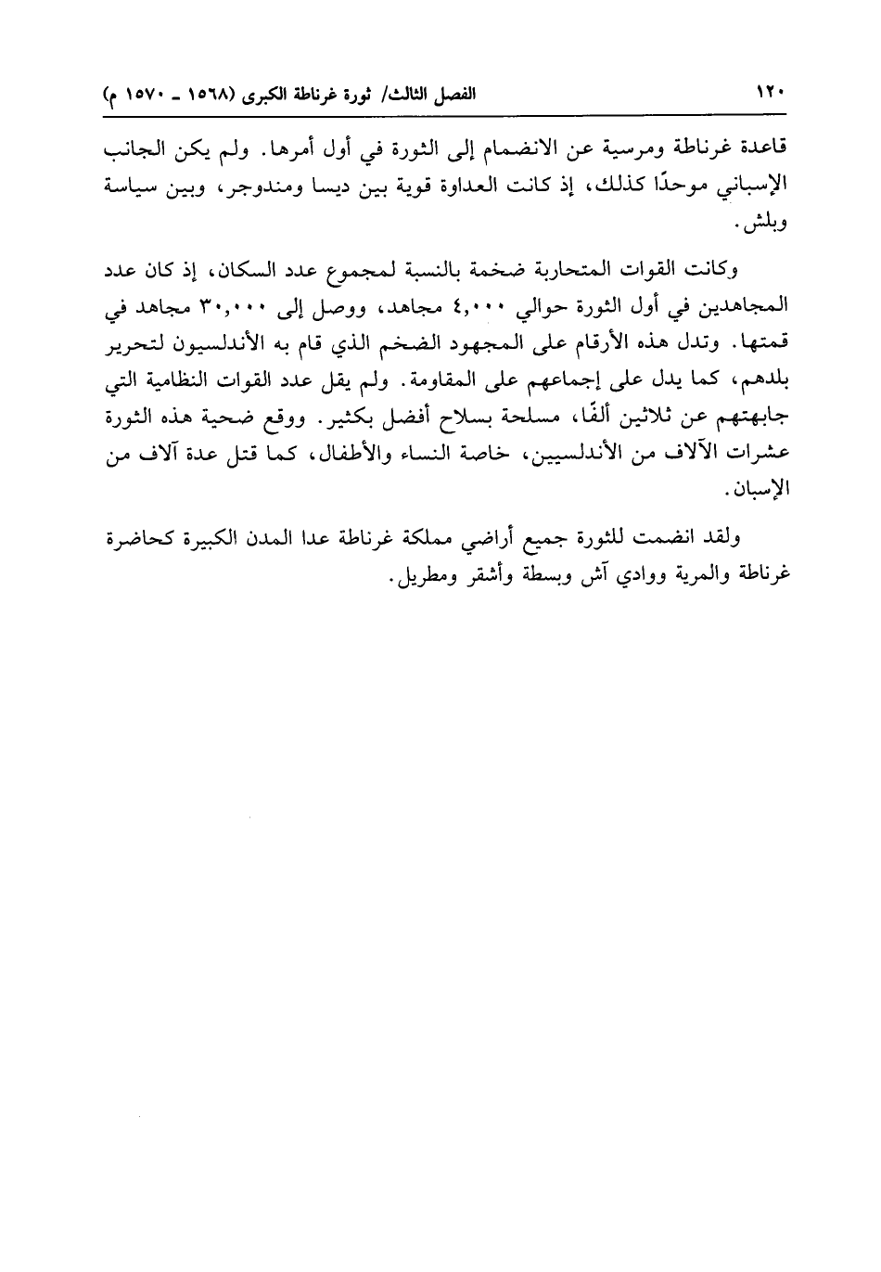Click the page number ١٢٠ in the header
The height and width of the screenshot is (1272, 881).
[771, 95]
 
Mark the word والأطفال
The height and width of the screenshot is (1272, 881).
[371, 455]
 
